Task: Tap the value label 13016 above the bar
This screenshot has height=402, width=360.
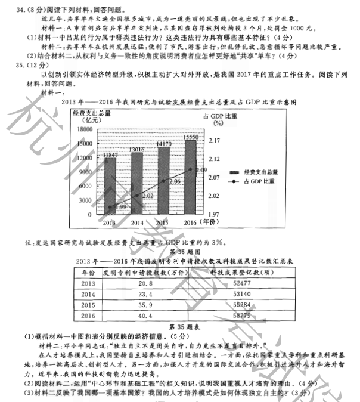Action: coord(137,150)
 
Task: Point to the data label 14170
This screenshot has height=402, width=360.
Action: coord(163,144)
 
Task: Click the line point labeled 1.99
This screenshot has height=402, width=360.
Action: coord(110,207)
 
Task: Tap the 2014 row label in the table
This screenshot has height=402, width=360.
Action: coord(88,295)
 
